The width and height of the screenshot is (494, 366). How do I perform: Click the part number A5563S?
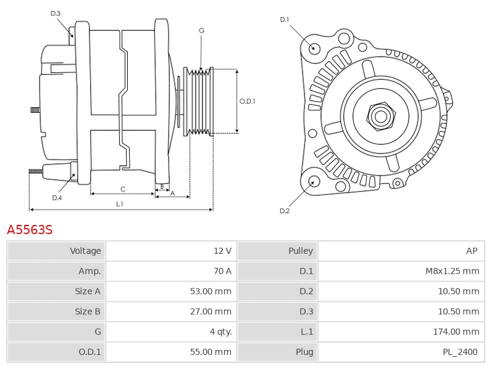pos(30,230)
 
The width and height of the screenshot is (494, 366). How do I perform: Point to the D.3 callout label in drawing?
pos(56,14)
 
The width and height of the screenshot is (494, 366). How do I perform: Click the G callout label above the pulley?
pos(201,30)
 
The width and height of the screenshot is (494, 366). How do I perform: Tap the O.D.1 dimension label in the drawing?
pos(247,102)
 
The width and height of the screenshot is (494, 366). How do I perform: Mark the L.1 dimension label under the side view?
pos(119,203)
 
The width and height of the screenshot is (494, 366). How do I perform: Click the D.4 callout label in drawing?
pos(57,198)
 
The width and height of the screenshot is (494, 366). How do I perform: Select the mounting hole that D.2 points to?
pos(313,181)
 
